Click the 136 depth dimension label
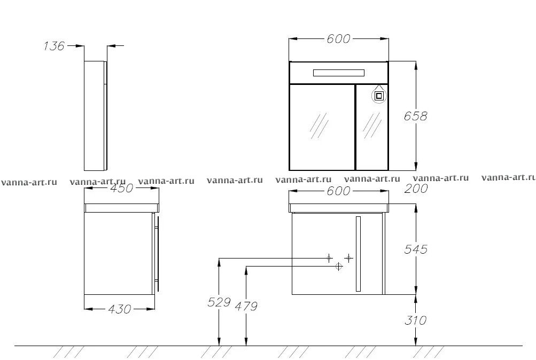point(54,46)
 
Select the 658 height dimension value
point(415,116)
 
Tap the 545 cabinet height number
point(415,249)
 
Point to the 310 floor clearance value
point(415,320)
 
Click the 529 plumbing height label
point(219,302)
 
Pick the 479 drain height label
point(246,306)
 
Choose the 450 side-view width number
point(122,188)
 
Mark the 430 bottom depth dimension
point(120,309)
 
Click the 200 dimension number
point(416,188)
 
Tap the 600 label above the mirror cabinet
point(338,39)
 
